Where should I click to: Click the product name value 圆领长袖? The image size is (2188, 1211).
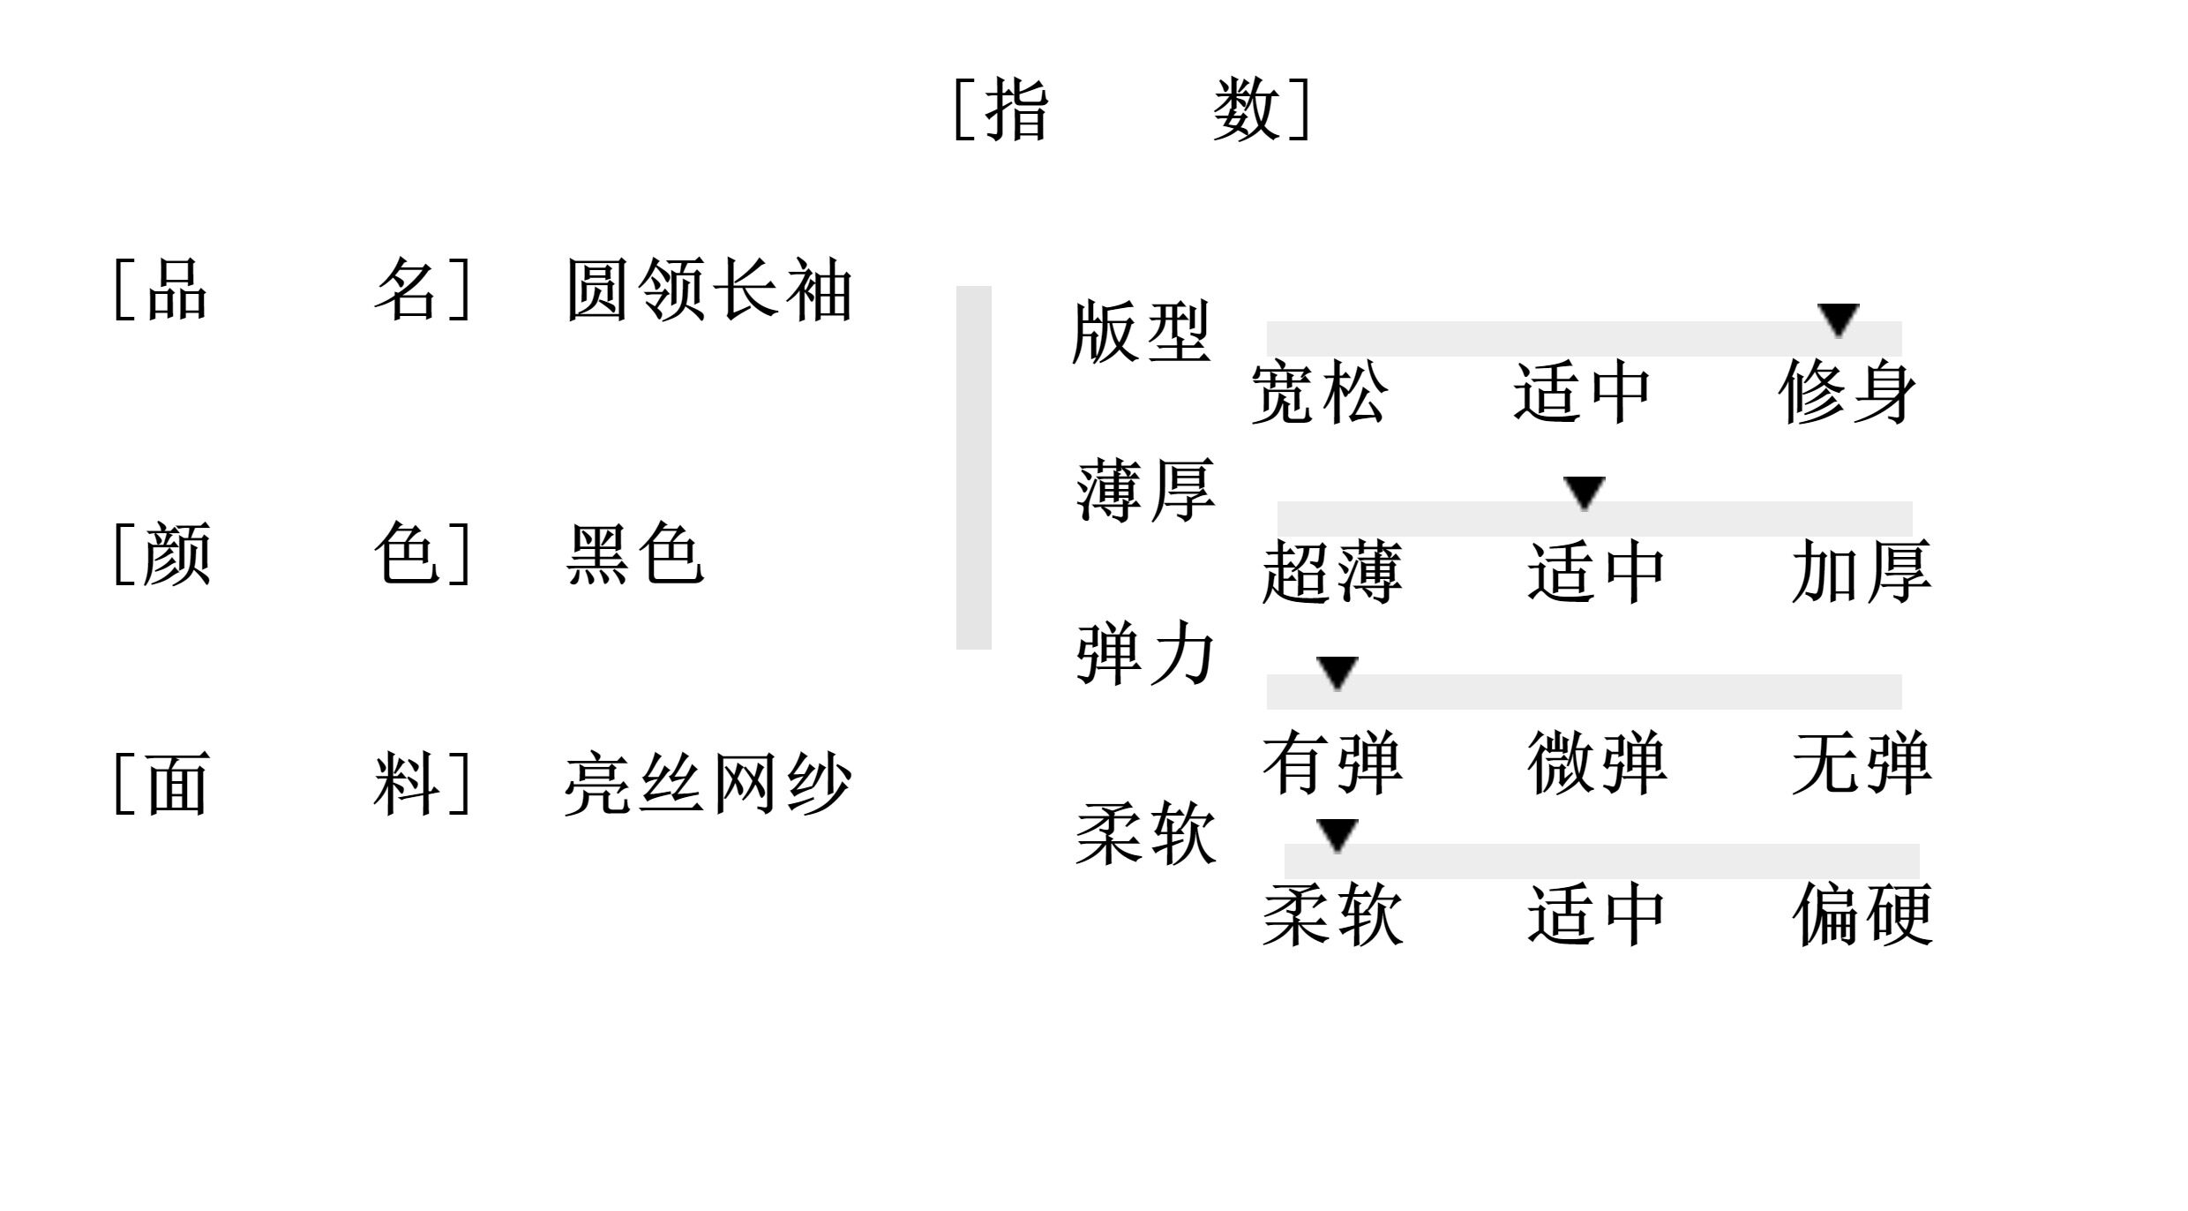[x=708, y=290]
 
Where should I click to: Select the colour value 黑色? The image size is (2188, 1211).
[x=634, y=554]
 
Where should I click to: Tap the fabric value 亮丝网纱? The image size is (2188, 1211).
[x=708, y=784]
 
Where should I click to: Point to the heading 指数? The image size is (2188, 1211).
[x=1133, y=109]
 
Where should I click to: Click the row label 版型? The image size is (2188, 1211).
[x=1141, y=334]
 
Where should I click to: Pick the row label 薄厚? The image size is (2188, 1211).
[x=1145, y=491]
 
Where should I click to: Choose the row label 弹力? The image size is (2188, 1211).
[x=1145, y=654]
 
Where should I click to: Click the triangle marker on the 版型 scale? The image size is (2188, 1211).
[x=1839, y=319]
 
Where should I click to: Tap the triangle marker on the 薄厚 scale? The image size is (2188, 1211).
[x=1585, y=492]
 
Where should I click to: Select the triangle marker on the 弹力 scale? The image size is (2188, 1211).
[x=1337, y=672]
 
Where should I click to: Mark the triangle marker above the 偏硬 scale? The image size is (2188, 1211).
[x=1337, y=834]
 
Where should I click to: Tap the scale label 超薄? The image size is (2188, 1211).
[x=1331, y=573]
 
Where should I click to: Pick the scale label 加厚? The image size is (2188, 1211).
[x=1862, y=573]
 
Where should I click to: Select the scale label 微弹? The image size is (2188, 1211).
[x=1597, y=763]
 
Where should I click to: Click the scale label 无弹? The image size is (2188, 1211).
[x=1862, y=763]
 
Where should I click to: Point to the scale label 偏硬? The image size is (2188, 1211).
[x=1862, y=915]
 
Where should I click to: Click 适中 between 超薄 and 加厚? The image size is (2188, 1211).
[x=1596, y=573]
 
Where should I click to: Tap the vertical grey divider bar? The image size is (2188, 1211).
[x=973, y=467]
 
